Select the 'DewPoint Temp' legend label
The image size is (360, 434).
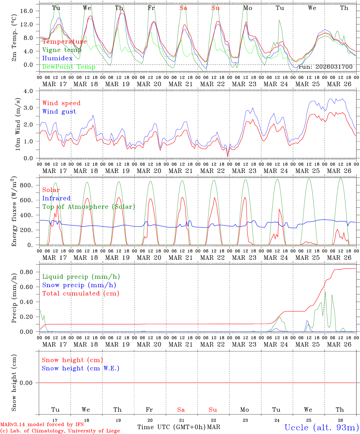tap(69, 67)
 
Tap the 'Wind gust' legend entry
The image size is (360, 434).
tap(59, 112)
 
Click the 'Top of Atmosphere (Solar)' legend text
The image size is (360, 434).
tap(89, 207)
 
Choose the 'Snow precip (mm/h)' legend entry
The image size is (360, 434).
tap(79, 285)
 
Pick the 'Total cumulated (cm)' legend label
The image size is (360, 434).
tap(81, 293)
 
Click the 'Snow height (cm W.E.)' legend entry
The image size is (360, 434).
tap(81, 368)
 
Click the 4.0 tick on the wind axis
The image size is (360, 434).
tap(32, 91)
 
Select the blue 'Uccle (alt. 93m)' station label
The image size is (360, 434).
tap(322, 427)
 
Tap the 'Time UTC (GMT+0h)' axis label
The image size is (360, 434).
tap(171, 427)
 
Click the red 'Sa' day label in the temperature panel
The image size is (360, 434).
tap(183, 8)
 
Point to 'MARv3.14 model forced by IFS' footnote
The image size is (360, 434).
tap(42, 425)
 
